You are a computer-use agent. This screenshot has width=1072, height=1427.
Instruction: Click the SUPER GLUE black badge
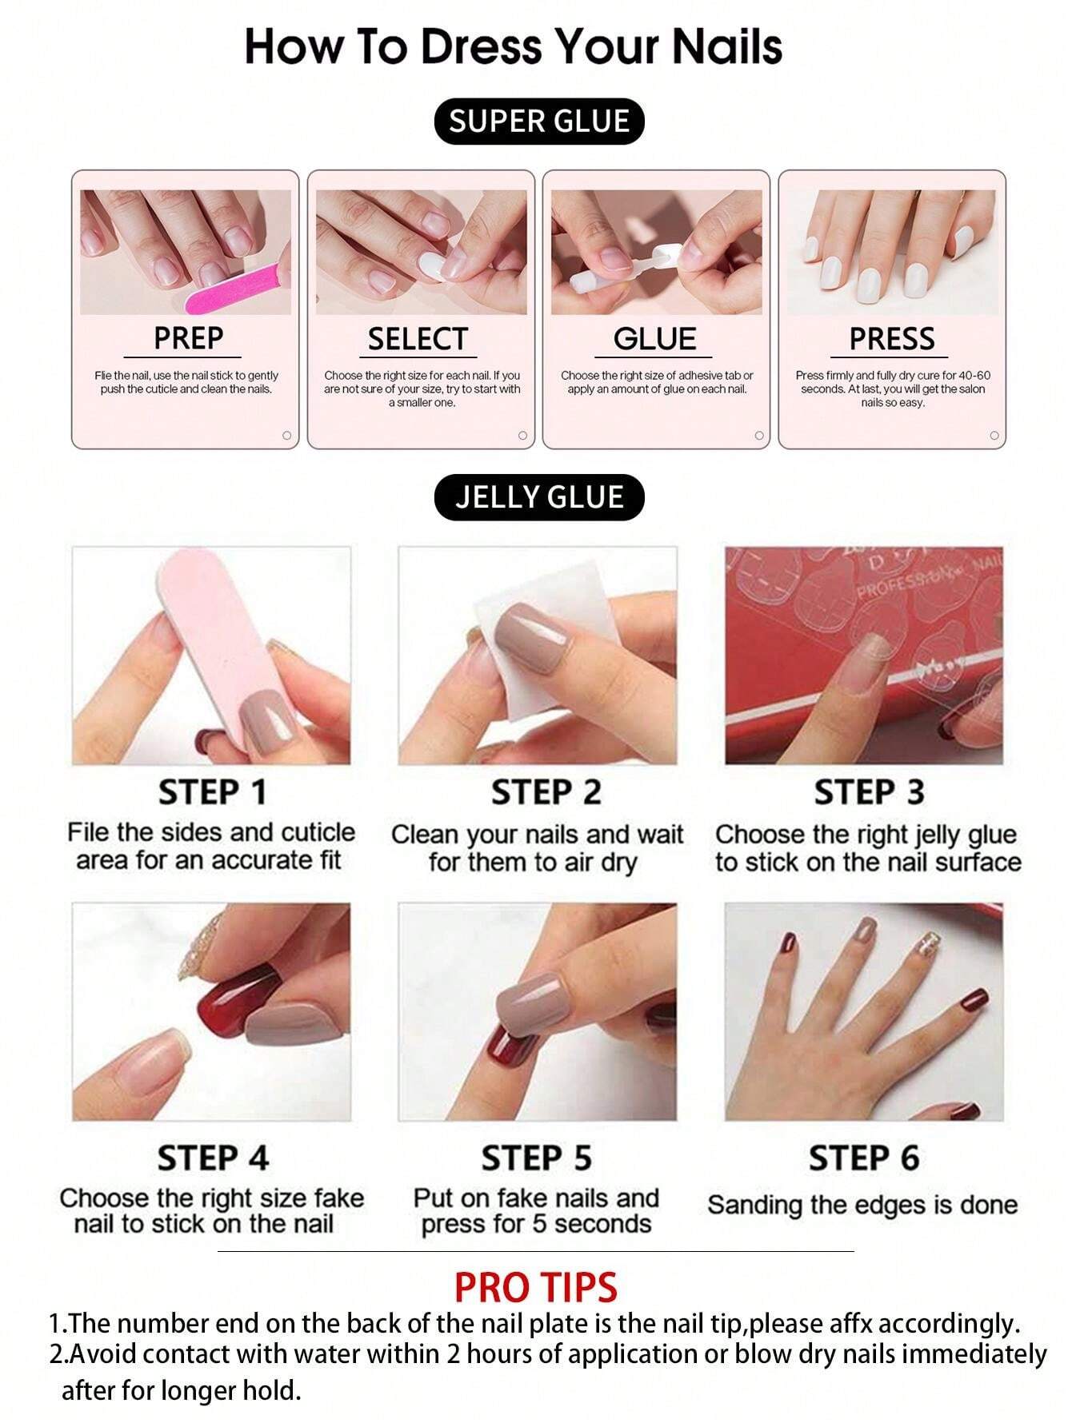click(x=538, y=122)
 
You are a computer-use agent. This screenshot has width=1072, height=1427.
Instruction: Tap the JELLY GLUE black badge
click(x=538, y=497)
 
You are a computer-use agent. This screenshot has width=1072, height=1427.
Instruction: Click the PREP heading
click(x=188, y=338)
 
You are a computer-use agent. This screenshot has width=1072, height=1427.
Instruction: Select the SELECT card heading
click(x=417, y=339)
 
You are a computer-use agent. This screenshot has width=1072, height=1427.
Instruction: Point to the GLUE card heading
click(x=654, y=339)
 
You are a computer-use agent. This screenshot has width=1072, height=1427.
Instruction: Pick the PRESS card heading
click(x=891, y=339)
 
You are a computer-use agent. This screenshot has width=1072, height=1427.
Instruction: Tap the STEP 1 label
click(x=212, y=792)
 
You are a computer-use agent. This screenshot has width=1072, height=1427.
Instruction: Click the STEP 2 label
click(x=546, y=792)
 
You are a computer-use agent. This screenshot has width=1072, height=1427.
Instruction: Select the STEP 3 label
click(x=869, y=792)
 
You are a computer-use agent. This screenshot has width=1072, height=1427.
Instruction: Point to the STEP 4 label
click(x=212, y=1158)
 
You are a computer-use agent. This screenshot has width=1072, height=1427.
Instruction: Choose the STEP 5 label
click(x=536, y=1158)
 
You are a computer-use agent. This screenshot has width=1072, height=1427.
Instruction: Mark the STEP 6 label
click(x=863, y=1158)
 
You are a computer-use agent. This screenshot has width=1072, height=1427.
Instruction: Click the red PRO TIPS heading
click(x=535, y=1287)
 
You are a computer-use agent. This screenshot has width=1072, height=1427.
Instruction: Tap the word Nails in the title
click(x=726, y=46)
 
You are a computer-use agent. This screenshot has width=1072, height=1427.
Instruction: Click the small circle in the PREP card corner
click(x=286, y=436)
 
